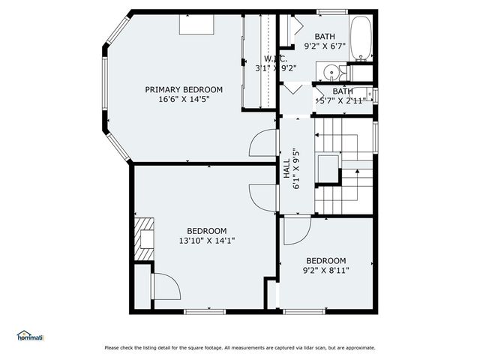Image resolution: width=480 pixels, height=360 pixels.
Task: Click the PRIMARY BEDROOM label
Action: click(184, 89)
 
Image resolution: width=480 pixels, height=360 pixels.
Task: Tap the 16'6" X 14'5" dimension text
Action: click(184, 98)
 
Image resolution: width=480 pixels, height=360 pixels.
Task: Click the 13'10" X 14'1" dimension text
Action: click(206, 241)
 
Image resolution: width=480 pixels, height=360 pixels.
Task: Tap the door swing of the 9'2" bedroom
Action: click(294, 230)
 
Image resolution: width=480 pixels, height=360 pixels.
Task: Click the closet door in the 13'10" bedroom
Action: click(165, 286)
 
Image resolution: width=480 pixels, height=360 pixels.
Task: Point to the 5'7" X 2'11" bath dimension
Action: click(341, 100)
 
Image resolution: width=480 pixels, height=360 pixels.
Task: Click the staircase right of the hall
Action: click(343, 165)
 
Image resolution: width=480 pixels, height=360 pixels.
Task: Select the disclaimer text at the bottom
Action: click(240, 347)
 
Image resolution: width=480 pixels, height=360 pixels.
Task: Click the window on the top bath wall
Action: click(331, 12)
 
